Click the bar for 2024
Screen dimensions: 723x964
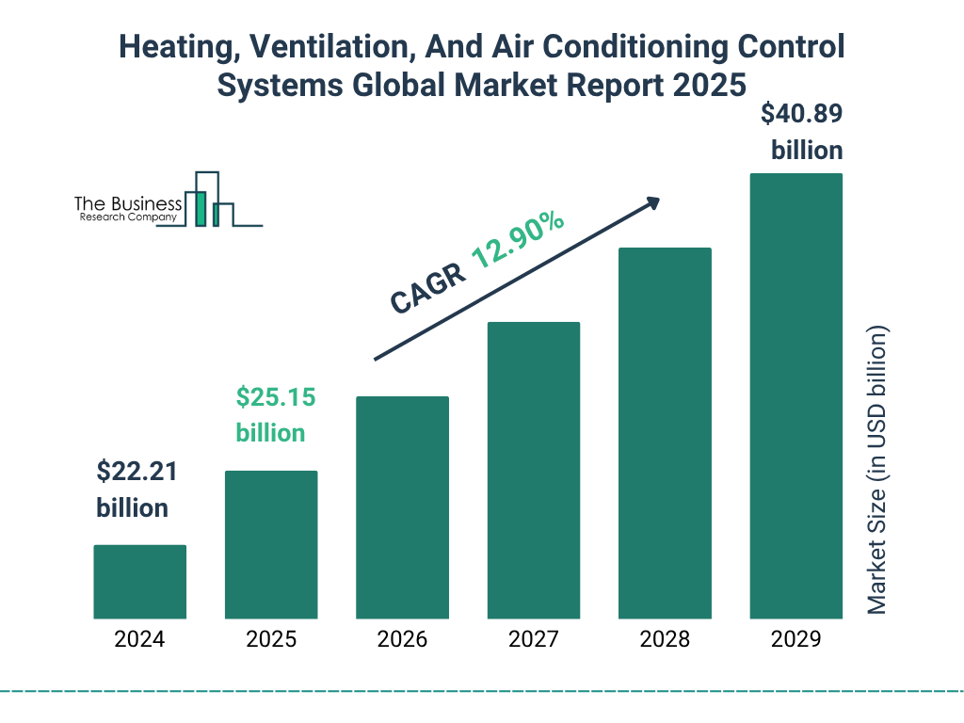click(139, 582)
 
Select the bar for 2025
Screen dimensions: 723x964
click(271, 545)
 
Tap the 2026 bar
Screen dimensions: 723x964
click(402, 507)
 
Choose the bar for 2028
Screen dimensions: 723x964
click(665, 433)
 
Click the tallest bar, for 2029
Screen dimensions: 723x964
click(795, 396)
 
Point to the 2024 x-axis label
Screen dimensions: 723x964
click(139, 640)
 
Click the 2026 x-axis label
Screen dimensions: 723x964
click(402, 640)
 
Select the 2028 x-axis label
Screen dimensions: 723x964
click(665, 640)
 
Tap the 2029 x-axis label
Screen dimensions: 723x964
click(795, 640)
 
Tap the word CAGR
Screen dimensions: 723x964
click(427, 288)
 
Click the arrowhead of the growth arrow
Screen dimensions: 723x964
click(651, 202)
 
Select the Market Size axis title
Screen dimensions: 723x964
click(877, 471)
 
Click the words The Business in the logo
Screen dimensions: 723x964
click(128, 203)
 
